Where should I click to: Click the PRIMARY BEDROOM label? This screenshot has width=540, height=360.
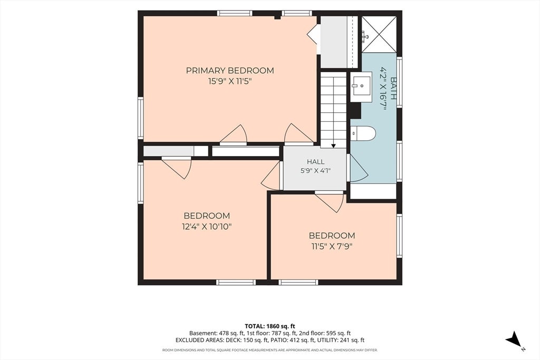[x=230, y=71]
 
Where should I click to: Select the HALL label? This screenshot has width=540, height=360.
[x=315, y=161]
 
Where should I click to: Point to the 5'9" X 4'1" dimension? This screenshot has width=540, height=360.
[x=315, y=170]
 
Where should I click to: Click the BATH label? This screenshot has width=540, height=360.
[x=393, y=88]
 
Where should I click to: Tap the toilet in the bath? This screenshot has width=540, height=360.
[x=363, y=133]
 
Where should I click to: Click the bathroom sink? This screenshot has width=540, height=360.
[x=361, y=87]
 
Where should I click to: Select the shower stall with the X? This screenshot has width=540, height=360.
[x=379, y=34]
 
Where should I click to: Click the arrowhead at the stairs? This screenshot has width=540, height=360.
[x=333, y=146]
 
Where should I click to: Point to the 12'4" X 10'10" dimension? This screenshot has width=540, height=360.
[x=207, y=227]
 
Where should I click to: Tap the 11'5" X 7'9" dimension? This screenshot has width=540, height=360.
[x=332, y=247]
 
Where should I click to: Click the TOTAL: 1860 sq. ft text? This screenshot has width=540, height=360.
[x=270, y=326]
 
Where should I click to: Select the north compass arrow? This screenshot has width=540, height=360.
[x=514, y=339]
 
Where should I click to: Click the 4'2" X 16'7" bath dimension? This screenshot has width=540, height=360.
[x=383, y=88]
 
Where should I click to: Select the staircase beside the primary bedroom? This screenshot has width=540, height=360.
[x=333, y=110]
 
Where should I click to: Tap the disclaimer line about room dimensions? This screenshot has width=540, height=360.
[x=270, y=350]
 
